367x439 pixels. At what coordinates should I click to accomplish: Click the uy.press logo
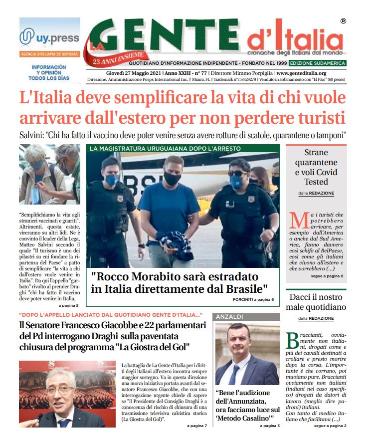click(49, 37)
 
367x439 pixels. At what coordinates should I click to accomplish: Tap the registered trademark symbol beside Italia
click(343, 21)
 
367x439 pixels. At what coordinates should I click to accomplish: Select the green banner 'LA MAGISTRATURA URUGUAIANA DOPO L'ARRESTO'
click(165, 148)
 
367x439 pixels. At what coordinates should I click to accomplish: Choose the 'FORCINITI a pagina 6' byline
click(253, 299)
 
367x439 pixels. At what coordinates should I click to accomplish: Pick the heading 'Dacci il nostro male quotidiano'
click(316, 302)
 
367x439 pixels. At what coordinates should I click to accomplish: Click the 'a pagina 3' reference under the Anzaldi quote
click(270, 426)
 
